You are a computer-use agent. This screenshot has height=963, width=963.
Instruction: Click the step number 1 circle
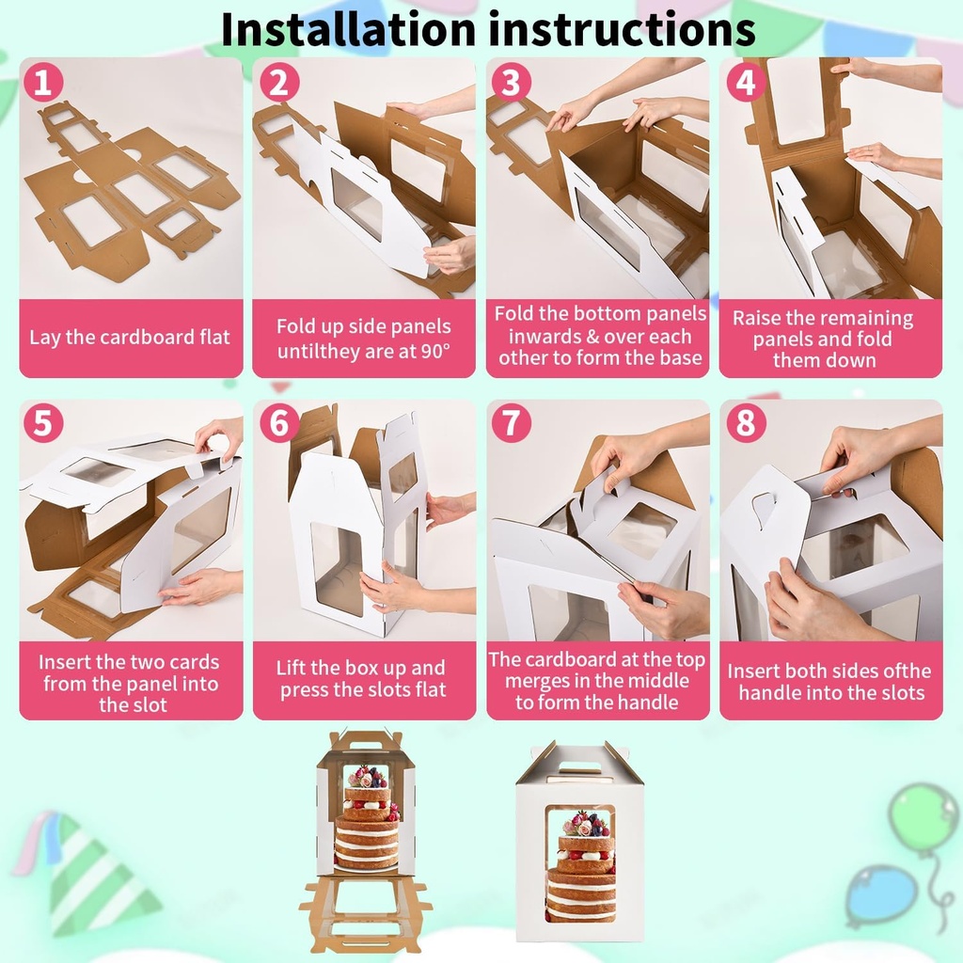tap(43, 83)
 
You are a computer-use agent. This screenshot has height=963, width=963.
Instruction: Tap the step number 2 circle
tap(277, 83)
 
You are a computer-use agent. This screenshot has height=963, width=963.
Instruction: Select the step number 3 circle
tap(510, 83)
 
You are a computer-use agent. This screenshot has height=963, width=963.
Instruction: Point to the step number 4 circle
tap(745, 83)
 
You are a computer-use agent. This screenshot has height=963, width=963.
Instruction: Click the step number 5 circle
tap(43, 423)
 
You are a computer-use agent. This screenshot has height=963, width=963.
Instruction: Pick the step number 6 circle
tap(278, 423)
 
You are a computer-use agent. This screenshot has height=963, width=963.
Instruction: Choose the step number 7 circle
tap(511, 423)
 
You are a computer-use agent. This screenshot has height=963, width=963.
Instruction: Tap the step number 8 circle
tap(745, 423)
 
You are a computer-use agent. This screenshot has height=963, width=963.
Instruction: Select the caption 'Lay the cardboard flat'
tap(130, 337)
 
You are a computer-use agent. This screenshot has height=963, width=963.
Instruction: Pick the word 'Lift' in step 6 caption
tap(293, 668)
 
